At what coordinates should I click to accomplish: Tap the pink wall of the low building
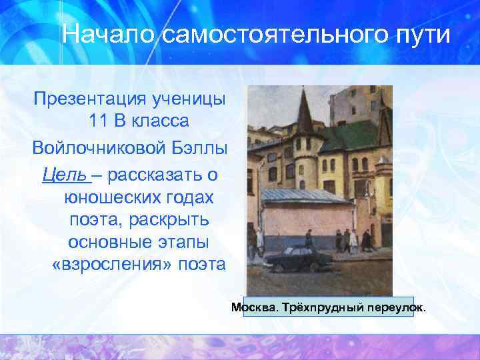click(293, 223)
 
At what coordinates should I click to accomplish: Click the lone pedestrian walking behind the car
click(309, 239)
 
